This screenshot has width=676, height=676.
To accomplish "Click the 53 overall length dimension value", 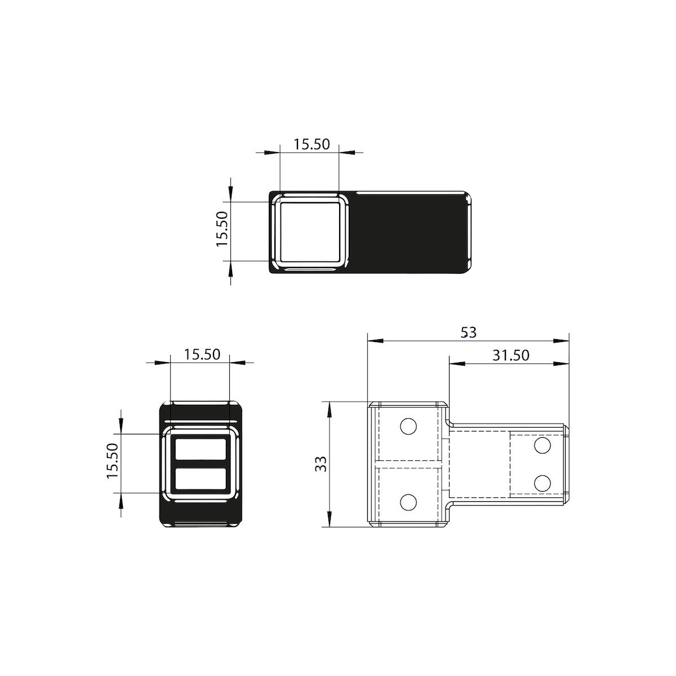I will click(x=468, y=332).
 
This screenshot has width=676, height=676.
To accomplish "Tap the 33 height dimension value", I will click(x=321, y=464).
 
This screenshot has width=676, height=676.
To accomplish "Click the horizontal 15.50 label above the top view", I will click(x=311, y=144).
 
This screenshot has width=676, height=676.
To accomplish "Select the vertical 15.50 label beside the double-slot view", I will click(x=112, y=461).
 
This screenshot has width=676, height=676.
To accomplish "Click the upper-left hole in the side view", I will click(x=408, y=426).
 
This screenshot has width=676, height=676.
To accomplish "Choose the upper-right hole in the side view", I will click(x=542, y=446).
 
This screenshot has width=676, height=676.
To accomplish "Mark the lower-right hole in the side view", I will click(x=542, y=483).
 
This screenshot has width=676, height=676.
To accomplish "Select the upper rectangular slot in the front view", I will click(x=201, y=450).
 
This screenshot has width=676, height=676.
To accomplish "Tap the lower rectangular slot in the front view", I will click(x=201, y=479).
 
